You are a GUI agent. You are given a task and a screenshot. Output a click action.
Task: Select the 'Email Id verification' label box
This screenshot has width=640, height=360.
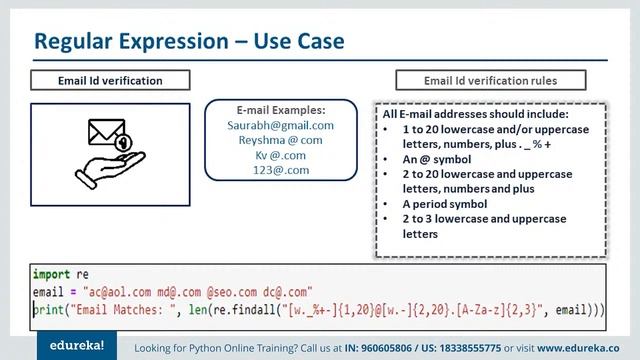click(110, 80)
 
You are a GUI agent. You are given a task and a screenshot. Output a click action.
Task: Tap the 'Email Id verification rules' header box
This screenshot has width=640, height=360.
click(490, 80)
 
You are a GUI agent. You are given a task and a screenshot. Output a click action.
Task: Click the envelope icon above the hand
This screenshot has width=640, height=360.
click(107, 133)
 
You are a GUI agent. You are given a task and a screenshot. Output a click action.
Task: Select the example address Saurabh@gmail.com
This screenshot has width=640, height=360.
click(280, 126)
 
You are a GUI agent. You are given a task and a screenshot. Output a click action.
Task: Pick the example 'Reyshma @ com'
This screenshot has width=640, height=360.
click(280, 141)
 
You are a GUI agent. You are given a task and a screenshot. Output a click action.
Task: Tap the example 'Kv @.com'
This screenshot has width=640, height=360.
click(280, 156)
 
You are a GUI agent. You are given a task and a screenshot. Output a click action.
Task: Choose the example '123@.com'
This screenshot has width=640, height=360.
click(280, 171)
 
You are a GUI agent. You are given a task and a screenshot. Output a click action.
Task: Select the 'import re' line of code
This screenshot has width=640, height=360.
click(60, 273)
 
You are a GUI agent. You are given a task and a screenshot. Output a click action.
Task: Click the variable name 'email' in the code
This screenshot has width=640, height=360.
click(48, 291)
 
